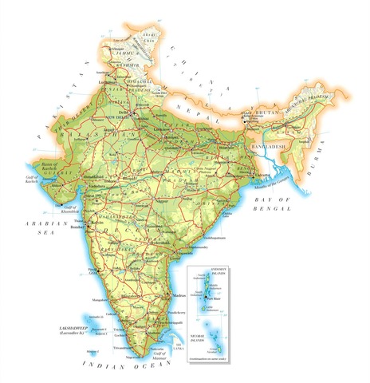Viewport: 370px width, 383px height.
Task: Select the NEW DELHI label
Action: coord(128,120)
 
